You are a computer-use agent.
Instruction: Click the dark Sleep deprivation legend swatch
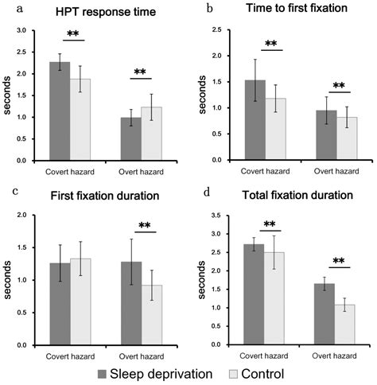pyautogui.click(x=103, y=372)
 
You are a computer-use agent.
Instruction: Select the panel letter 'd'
pyautogui.click(x=208, y=192)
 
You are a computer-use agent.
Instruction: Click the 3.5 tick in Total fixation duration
pyautogui.click(x=216, y=216)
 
